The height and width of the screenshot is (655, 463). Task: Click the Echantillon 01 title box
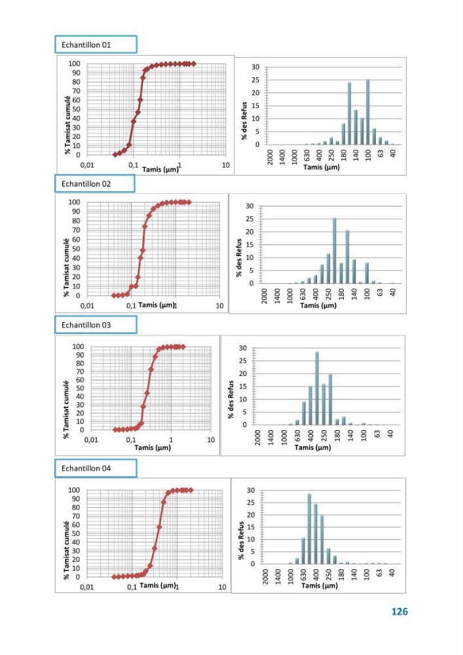tap(96, 45)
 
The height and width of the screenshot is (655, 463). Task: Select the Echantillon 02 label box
tap(95, 184)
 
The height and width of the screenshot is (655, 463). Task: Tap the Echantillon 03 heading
tap(96, 325)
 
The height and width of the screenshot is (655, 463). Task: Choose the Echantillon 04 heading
tap(96, 468)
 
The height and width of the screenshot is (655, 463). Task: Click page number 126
tap(399, 612)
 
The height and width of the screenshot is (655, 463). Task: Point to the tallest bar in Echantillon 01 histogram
tap(368, 112)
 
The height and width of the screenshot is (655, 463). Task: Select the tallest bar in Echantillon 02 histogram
tap(335, 251)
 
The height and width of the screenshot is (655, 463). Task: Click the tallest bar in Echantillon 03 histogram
tap(317, 388)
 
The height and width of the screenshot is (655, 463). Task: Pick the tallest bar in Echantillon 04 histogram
tap(309, 529)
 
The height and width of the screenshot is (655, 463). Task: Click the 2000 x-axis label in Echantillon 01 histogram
tap(270, 157)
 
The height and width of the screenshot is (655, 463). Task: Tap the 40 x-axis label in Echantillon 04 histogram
tap(392, 572)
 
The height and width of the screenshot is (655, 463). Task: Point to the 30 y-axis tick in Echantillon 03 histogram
tap(243, 348)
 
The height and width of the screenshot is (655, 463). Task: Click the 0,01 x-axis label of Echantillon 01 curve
tap(87, 165)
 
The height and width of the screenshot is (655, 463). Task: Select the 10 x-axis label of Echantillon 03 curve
tap(211, 440)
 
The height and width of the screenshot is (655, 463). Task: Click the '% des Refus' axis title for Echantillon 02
tap(239, 257)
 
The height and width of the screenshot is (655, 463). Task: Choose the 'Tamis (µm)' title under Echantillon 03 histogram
tap(312, 447)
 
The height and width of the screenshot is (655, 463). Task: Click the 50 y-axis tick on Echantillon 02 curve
tap(76, 248)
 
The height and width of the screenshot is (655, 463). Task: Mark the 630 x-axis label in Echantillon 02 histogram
tap(303, 294)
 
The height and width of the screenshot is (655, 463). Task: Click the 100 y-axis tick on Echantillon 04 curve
tap(74, 489)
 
